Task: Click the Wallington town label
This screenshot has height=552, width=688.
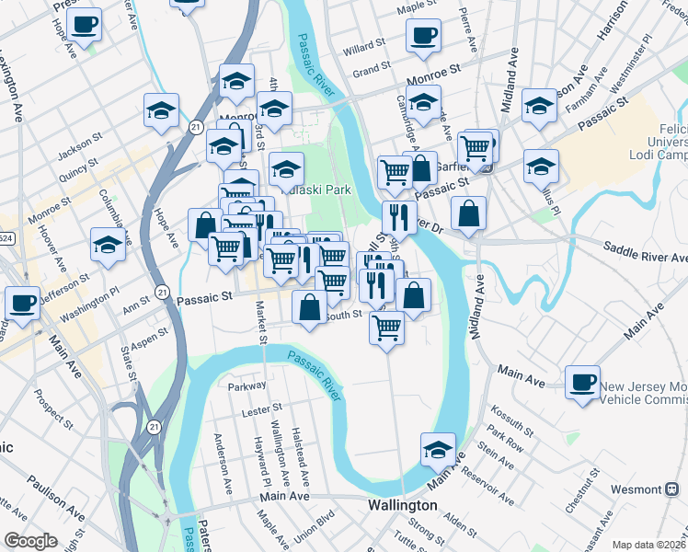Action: click(402, 506)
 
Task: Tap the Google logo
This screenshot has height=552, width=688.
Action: click(30, 540)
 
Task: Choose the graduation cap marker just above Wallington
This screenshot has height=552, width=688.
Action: click(438, 451)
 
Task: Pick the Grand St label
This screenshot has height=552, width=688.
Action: click(372, 70)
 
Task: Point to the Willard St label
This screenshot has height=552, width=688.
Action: click(363, 46)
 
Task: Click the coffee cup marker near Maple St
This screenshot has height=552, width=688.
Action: click(423, 37)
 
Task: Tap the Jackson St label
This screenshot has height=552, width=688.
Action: click(77, 145)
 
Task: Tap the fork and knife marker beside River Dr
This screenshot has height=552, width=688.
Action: click(398, 218)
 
